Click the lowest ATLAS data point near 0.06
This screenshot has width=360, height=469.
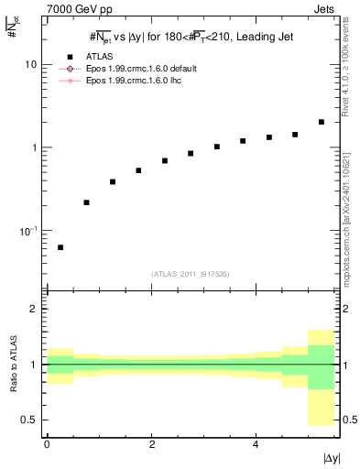click(60, 247)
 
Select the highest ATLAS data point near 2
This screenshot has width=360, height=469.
click(321, 122)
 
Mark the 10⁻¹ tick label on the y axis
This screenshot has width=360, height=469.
click(29, 230)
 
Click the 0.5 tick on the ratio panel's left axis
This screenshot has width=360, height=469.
click(29, 420)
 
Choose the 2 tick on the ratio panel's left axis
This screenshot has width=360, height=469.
click(34, 309)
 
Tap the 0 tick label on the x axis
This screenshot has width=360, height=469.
click(47, 443)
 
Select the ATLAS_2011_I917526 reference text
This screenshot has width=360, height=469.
click(191, 274)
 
